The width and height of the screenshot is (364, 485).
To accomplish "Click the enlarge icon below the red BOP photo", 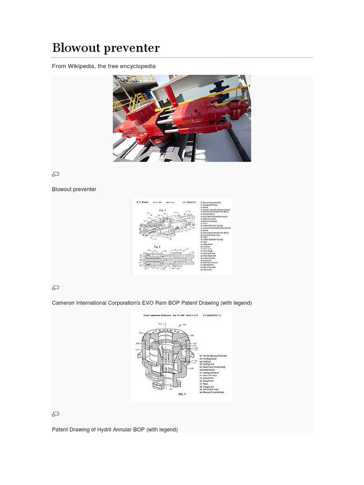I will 55,174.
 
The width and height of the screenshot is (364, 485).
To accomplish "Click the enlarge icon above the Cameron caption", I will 55,287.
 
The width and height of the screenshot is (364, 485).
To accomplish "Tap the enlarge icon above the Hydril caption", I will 55,414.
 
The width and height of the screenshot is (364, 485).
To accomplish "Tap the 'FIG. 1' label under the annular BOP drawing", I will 182,394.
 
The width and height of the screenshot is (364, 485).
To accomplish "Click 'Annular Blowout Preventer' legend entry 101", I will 213,356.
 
